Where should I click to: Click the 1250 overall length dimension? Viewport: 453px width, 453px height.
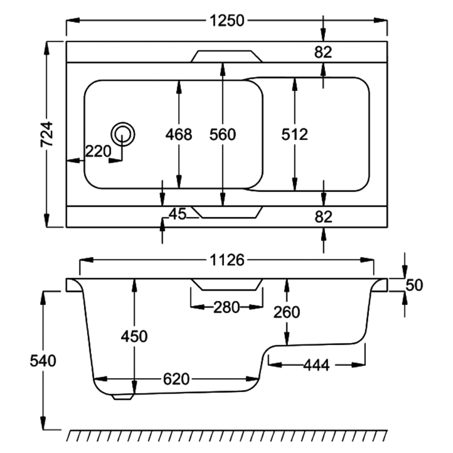click(227, 21)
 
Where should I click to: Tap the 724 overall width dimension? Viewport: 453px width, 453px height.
click(47, 134)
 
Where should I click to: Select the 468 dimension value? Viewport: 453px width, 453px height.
click(179, 134)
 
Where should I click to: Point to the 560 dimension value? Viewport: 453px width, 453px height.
click(223, 134)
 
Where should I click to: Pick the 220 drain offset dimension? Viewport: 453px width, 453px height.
click(98, 151)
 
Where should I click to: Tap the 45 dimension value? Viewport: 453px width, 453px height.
click(178, 215)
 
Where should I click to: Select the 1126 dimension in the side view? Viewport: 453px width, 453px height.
click(227, 260)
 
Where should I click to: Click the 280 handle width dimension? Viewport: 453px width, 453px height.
click(226, 307)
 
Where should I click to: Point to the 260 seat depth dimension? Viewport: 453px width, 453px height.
click(287, 311)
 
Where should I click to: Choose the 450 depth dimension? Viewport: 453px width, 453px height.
click(134, 336)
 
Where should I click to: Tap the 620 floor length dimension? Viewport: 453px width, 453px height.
click(176, 379)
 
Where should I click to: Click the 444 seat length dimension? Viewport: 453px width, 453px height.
click(316, 365)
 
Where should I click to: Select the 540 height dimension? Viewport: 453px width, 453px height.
click(43, 361)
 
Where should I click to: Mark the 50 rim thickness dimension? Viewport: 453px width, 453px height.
click(414, 285)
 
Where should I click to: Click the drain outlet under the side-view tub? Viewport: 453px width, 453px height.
click(123, 397)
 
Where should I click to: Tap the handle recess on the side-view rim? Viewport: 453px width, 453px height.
click(226, 284)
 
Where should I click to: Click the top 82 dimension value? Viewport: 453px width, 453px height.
click(323, 52)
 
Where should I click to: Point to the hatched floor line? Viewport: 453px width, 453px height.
click(227, 435)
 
